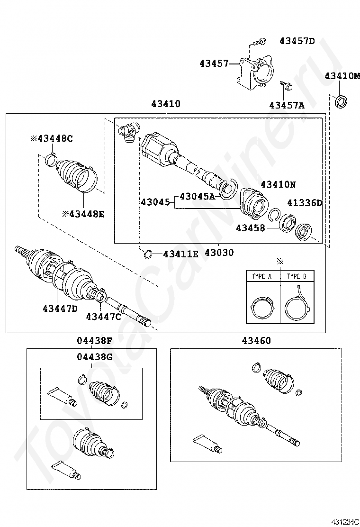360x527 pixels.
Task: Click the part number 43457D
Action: pyautogui.click(x=297, y=41)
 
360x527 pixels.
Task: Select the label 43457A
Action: pyautogui.click(x=287, y=105)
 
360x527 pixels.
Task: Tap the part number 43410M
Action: pyautogui.click(x=342, y=76)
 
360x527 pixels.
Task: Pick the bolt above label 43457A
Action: pyautogui.click(x=286, y=86)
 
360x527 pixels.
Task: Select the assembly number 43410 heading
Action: pyautogui.click(x=166, y=104)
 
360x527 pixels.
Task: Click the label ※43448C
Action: pyautogui.click(x=52, y=138)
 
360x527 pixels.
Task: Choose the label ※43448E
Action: pyautogui.click(x=83, y=213)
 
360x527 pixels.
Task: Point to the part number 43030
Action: pyautogui.click(x=219, y=253)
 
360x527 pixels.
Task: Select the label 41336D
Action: pyautogui.click(x=305, y=203)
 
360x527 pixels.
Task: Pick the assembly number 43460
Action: pyautogui.click(x=256, y=341)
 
